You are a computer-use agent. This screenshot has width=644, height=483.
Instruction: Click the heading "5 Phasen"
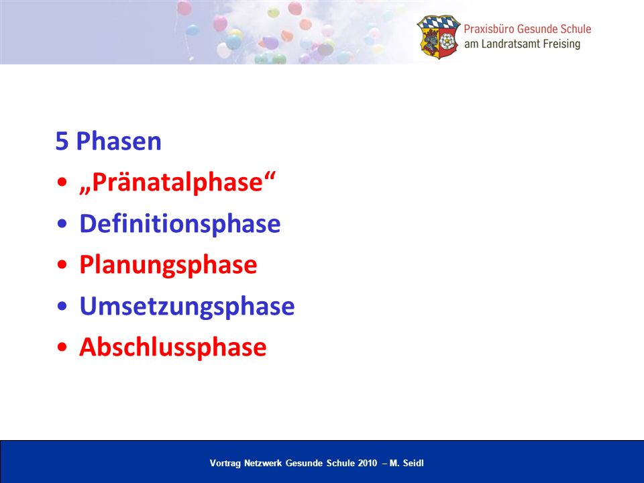click(109, 141)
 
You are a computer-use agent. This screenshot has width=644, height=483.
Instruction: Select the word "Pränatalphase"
click(177, 182)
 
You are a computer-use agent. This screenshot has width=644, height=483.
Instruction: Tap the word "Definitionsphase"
click(180, 224)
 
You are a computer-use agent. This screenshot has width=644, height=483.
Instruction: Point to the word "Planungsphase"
click(168, 266)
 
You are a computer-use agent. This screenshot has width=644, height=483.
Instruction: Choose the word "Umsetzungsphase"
click(187, 307)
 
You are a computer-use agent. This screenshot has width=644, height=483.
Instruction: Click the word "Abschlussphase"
click(173, 347)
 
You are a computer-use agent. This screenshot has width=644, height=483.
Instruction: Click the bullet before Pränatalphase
click(62, 182)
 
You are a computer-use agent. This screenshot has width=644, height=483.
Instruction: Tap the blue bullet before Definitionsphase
click(62, 224)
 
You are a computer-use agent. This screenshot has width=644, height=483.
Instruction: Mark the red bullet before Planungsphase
click(62, 265)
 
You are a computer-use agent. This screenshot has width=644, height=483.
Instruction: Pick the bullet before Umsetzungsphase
click(62, 306)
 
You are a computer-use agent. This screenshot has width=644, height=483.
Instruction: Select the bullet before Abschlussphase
click(62, 347)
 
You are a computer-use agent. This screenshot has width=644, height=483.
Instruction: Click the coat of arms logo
click(439, 37)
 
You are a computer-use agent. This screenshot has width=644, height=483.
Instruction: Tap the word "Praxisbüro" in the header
click(489, 29)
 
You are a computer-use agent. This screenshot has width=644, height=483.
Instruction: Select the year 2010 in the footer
click(368, 464)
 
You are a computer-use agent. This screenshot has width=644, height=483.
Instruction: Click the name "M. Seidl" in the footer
click(407, 464)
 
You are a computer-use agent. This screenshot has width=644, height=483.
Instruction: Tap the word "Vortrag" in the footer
click(225, 464)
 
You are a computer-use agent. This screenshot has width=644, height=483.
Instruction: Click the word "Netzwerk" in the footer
click(263, 464)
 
